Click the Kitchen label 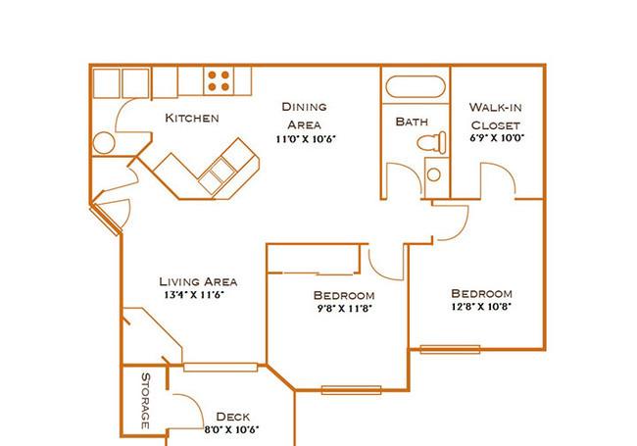click(x=192, y=118)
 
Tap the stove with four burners click(x=219, y=80)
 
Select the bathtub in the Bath click(x=416, y=86)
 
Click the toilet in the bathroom click(x=431, y=142)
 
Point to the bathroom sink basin click(x=434, y=174)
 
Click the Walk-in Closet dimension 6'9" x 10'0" click(x=497, y=137)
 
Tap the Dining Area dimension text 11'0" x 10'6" click(x=306, y=139)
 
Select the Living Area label click(x=198, y=281)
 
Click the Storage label click(x=145, y=401)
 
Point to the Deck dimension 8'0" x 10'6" click(x=231, y=429)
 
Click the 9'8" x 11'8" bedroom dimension click(x=345, y=309)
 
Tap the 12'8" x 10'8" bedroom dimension click(x=481, y=306)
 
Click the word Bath click(x=412, y=122)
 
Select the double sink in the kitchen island click(x=217, y=175)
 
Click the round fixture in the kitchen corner click(x=104, y=142)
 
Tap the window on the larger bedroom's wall click(x=450, y=349)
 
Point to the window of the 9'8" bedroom click(x=352, y=390)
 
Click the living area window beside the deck click(x=220, y=368)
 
